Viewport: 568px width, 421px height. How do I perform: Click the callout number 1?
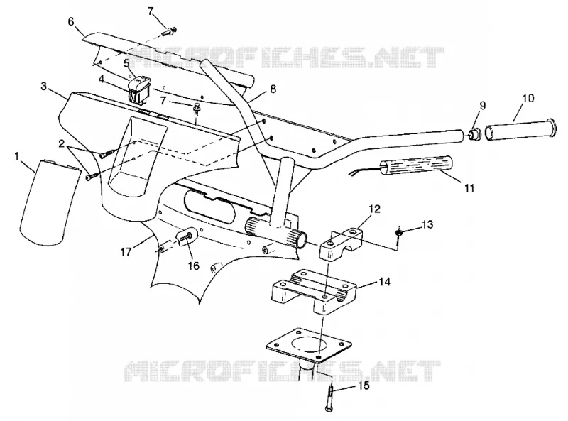(16, 156)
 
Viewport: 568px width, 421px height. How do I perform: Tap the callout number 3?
(44, 87)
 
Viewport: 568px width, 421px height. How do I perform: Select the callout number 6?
(71, 22)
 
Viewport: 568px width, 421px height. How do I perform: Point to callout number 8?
(273, 89)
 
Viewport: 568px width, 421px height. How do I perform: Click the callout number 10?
(528, 98)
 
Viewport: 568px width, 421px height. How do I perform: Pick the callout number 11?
(469, 188)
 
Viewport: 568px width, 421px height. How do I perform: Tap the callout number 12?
(375, 209)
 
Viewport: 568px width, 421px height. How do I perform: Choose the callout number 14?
(385, 282)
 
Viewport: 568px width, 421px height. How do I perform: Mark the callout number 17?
(126, 251)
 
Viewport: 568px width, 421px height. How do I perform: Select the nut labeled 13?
(398, 233)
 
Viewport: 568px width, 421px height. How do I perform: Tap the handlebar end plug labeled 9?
(474, 134)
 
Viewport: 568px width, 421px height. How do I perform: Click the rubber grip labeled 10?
(520, 129)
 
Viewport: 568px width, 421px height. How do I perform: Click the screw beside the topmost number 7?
(170, 32)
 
